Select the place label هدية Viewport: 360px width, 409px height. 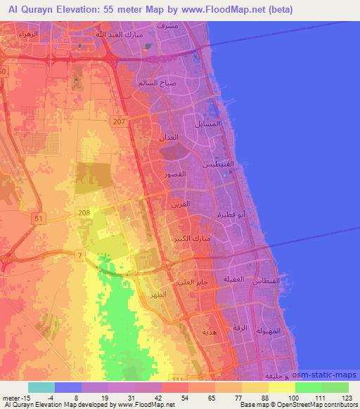209,331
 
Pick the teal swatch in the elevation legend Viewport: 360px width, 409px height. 41,387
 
